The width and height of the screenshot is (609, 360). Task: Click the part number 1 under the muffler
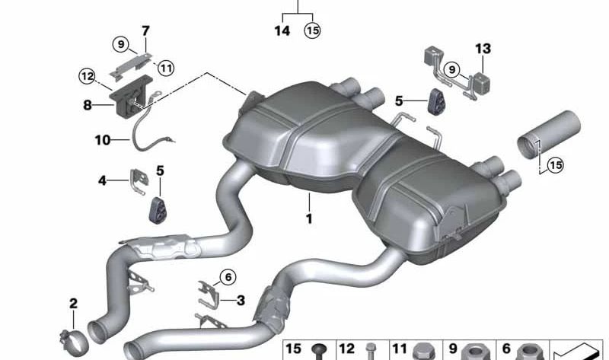click(x=309, y=218)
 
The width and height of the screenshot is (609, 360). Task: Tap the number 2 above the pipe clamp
click(x=73, y=304)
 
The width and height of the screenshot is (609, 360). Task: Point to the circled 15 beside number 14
click(x=313, y=30)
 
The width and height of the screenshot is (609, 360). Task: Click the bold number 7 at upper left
click(x=145, y=31)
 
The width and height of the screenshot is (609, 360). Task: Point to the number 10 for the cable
click(x=103, y=140)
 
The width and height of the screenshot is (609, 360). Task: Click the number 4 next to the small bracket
click(x=103, y=180)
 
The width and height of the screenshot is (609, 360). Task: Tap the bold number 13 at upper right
click(x=483, y=49)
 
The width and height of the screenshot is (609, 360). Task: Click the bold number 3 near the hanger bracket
click(x=240, y=301)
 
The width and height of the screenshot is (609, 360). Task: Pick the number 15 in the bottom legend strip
click(x=294, y=349)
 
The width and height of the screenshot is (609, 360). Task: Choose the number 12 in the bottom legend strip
click(x=346, y=349)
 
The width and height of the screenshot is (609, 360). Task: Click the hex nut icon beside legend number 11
click(x=423, y=351)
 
